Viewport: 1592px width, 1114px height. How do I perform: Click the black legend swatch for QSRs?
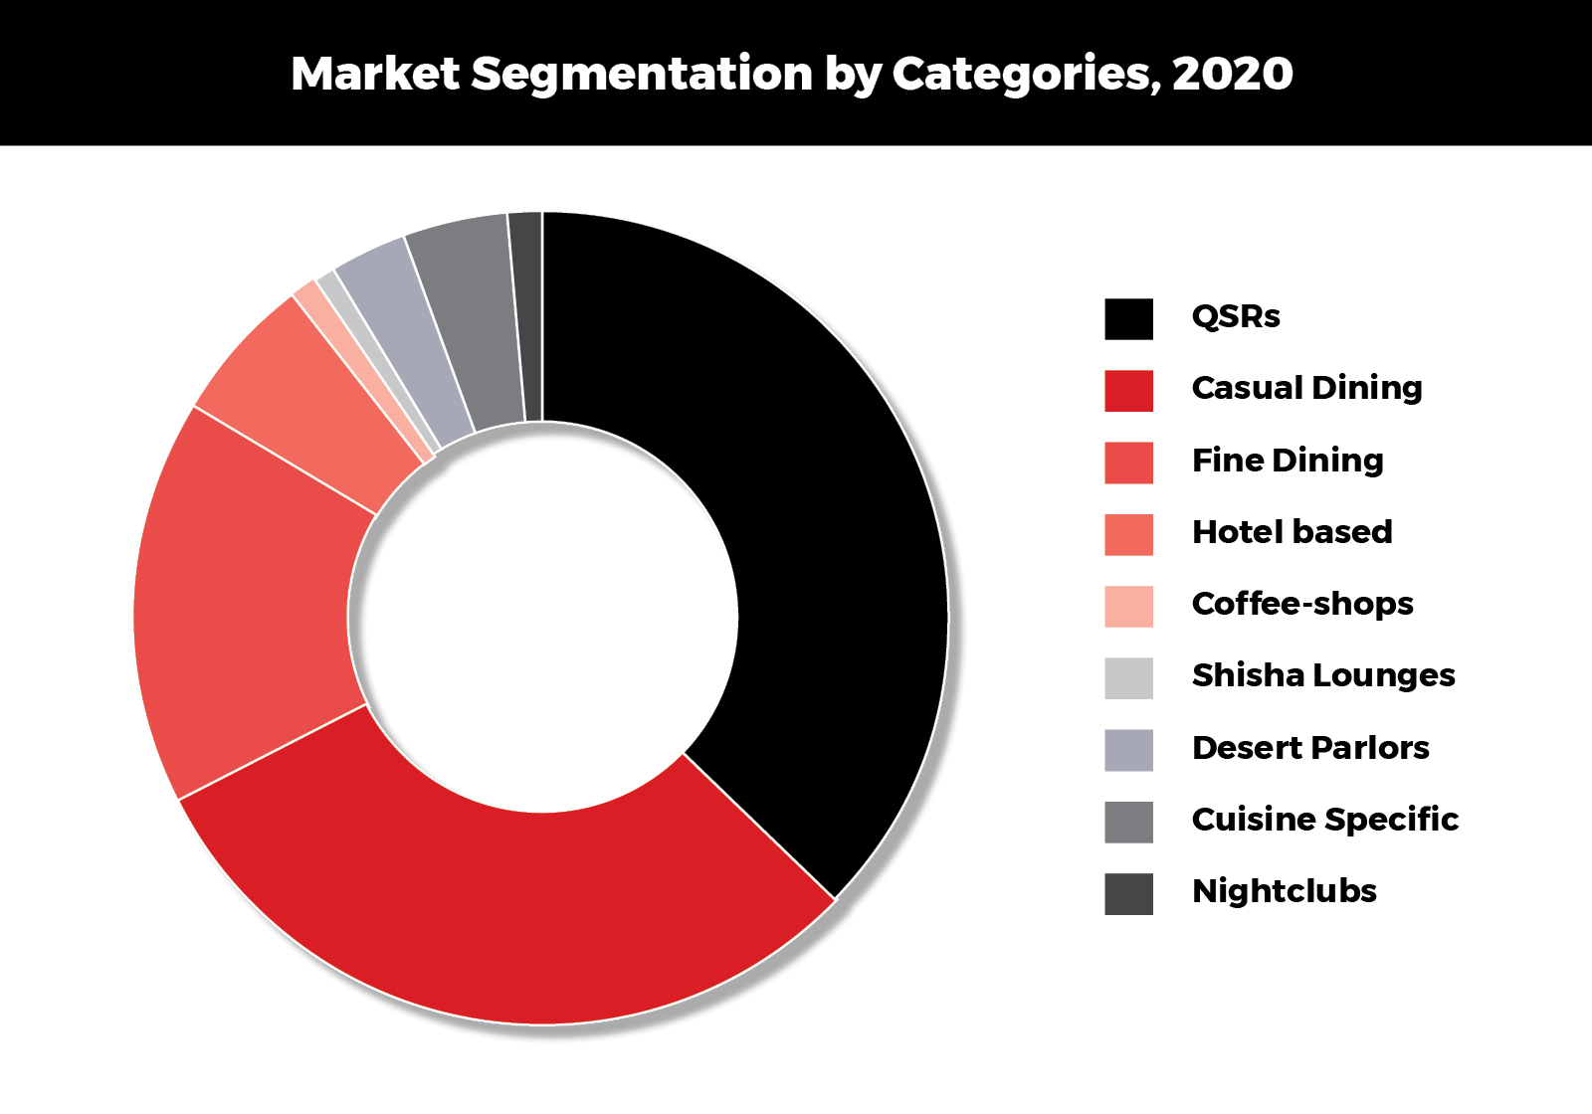tap(1128, 319)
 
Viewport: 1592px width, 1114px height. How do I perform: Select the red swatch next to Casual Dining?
tap(1128, 391)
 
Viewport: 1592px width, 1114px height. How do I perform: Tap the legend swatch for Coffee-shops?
tap(1128, 607)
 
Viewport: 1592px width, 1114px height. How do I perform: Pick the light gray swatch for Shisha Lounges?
tap(1128, 678)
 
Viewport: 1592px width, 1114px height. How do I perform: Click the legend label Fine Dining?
tap(1288, 461)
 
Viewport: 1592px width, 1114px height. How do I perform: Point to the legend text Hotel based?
tap(1292, 532)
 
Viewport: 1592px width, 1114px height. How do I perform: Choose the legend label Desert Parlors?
tap(1310, 748)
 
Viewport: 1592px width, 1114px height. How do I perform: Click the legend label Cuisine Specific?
tap(1324, 820)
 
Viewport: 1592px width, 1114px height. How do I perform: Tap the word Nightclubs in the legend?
tap(1284, 891)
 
